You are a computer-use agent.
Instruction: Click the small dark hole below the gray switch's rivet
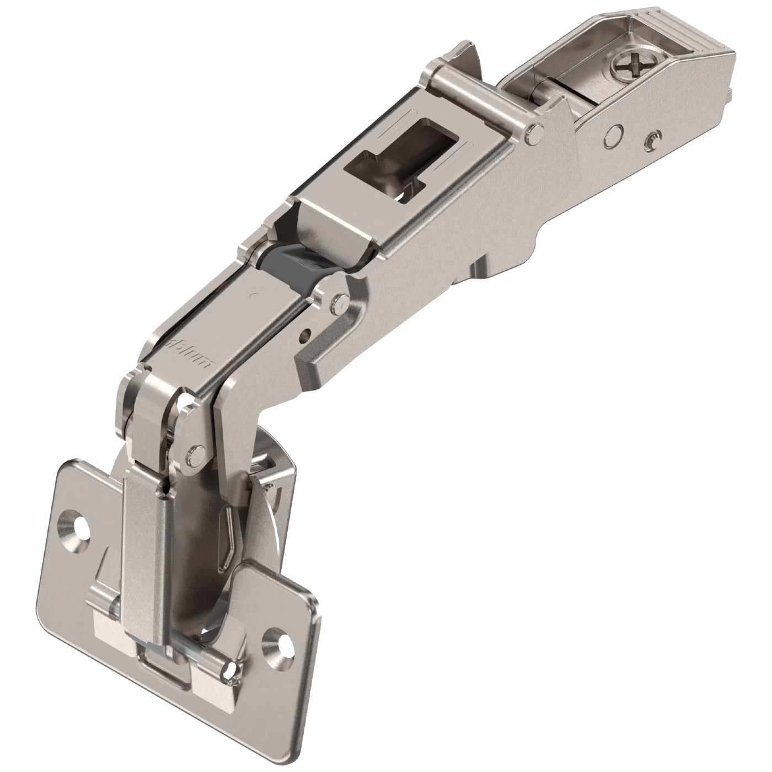point(304,333)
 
